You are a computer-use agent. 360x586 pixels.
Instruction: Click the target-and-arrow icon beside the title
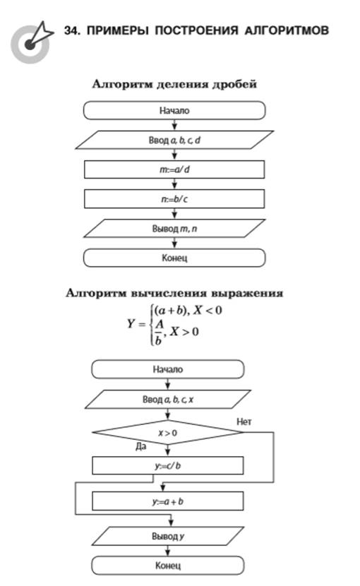[31, 43]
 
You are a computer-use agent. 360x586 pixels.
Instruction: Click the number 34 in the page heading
[71, 30]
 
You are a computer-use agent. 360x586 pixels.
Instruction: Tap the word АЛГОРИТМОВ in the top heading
[287, 30]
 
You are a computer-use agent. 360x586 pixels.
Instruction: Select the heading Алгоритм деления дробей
[174, 84]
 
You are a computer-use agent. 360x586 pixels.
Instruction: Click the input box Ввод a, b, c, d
[174, 140]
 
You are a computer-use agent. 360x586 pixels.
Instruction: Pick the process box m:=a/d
[174, 169]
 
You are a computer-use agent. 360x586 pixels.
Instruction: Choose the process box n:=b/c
[174, 199]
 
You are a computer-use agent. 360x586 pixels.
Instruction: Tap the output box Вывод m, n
[174, 228]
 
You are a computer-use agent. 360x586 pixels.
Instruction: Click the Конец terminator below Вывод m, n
[174, 258]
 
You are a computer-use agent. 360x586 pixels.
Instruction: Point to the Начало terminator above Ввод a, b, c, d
[174, 111]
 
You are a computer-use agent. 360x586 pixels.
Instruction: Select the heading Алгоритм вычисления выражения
[174, 294]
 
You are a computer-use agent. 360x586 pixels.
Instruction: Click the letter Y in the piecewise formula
[131, 323]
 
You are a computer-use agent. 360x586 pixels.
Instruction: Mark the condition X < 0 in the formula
[208, 310]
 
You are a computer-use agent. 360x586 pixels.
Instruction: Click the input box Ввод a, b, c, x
[168, 400]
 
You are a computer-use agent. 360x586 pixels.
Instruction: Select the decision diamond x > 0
[168, 433]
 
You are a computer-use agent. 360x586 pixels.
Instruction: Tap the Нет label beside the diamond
[244, 422]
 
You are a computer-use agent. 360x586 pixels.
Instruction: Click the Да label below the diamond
[141, 446]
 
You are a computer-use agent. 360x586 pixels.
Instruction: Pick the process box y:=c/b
[168, 466]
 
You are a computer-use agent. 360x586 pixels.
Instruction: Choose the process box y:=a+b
[168, 501]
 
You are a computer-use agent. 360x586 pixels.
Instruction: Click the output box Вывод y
[168, 537]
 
